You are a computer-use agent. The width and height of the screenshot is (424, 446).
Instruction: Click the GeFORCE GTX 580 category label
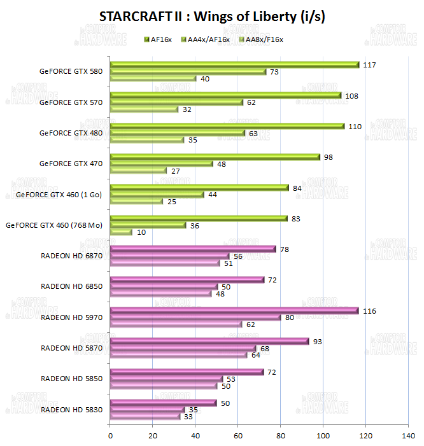71,71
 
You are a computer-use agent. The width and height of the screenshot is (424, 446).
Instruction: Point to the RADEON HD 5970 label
71,317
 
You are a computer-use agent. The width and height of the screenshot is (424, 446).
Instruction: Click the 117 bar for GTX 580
234,64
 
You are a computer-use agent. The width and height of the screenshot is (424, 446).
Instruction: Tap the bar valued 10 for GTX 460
121,232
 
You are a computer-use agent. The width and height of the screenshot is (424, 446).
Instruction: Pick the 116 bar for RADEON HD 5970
234,310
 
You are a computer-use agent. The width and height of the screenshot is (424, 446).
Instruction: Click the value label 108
351,96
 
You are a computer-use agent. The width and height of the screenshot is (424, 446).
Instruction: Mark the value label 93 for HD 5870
318,342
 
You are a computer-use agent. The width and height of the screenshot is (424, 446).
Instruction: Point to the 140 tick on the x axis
408,436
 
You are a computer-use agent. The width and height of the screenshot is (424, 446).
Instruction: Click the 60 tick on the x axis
238,436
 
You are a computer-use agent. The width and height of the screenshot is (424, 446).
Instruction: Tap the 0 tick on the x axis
111,436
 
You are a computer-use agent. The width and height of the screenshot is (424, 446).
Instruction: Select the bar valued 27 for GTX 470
139,171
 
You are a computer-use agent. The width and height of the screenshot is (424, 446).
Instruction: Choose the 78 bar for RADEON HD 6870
193,249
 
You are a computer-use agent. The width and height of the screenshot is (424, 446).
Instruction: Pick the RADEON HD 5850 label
71,379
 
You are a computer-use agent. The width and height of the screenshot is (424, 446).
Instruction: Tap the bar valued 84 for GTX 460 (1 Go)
199,187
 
